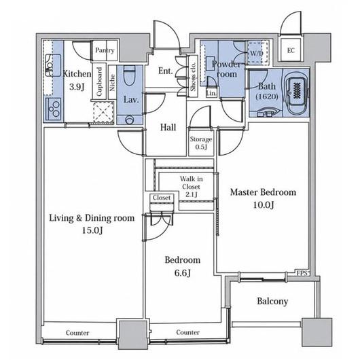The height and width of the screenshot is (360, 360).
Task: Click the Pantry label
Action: (105, 50)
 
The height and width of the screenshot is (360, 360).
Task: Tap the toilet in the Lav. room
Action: (129, 76)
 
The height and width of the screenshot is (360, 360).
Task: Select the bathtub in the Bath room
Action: (297, 94)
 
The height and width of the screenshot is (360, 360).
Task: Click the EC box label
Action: (291, 50)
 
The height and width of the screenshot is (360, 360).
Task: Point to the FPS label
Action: (302, 273)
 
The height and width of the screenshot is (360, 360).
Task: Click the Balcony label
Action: (272, 301)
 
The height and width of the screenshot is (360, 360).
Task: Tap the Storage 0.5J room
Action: (201, 143)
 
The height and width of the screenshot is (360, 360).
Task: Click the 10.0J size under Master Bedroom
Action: (263, 205)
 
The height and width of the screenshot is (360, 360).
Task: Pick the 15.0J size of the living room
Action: (92, 230)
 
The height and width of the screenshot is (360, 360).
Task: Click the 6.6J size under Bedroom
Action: (182, 273)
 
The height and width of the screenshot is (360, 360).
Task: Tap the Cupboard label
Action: (99, 82)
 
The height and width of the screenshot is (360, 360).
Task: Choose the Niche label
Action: (112, 83)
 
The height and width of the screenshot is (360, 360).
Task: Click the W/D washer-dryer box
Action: (257, 53)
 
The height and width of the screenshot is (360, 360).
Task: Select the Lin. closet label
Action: (211, 93)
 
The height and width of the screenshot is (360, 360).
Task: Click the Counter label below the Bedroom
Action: (187, 332)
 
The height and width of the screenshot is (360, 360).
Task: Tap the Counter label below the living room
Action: (77, 333)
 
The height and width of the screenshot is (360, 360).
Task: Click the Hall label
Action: (168, 127)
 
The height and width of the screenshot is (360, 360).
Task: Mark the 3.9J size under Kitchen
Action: (77, 87)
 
